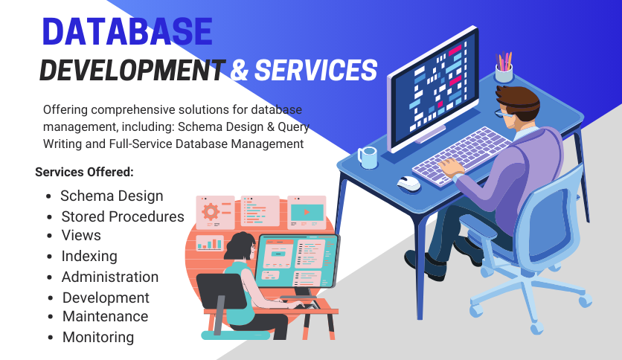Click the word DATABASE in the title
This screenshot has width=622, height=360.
coord(127,31)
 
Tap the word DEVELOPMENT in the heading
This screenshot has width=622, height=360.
coord(132,70)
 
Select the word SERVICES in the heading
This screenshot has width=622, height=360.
coord(315,70)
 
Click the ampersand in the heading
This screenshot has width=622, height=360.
coord(239,70)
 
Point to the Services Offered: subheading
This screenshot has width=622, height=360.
coord(85,172)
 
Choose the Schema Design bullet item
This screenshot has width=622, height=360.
coord(112,196)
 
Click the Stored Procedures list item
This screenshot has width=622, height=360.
coord(123,216)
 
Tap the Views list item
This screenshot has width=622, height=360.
coord(81,235)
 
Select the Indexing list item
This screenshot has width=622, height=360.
coord(89,257)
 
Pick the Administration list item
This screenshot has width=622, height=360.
coord(110,277)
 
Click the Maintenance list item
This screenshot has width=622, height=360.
coord(105,316)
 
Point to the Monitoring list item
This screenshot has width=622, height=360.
coord(98,338)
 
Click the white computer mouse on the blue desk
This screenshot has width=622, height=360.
coord(409,183)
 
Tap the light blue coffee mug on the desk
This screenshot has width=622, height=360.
coord(368,158)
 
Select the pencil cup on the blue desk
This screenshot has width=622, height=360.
coord(504,67)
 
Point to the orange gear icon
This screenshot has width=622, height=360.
coord(211,212)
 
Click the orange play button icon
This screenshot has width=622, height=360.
coord(307,213)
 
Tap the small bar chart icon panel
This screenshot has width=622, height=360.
coord(210,243)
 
